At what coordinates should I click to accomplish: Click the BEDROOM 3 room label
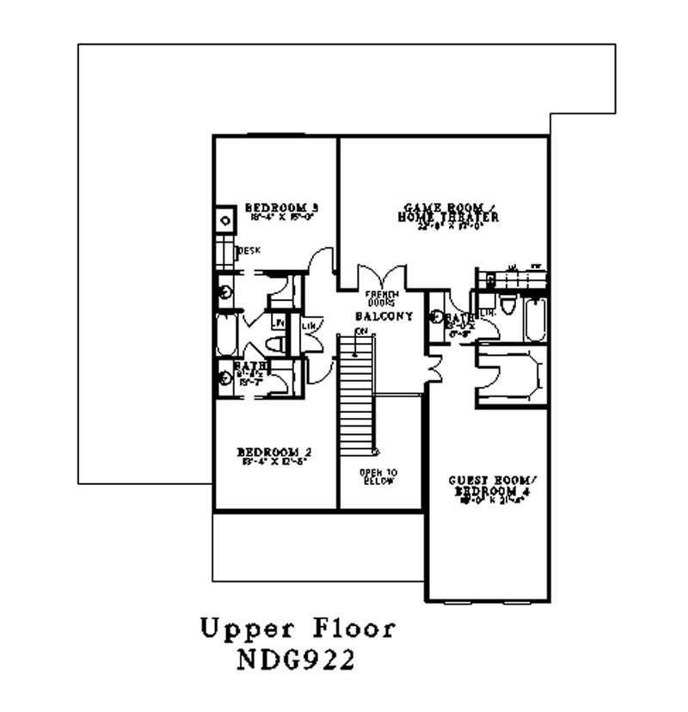[282, 207]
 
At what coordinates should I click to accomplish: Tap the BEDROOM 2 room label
[273, 451]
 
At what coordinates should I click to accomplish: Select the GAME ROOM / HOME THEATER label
[447, 212]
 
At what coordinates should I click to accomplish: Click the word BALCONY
[384, 316]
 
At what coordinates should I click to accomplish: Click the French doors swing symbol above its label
[379, 277]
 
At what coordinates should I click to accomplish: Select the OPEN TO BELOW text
[378, 476]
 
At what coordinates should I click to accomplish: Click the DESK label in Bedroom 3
[249, 250]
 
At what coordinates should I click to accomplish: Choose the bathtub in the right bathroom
[535, 318]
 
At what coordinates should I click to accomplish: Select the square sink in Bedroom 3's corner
[224, 220]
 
